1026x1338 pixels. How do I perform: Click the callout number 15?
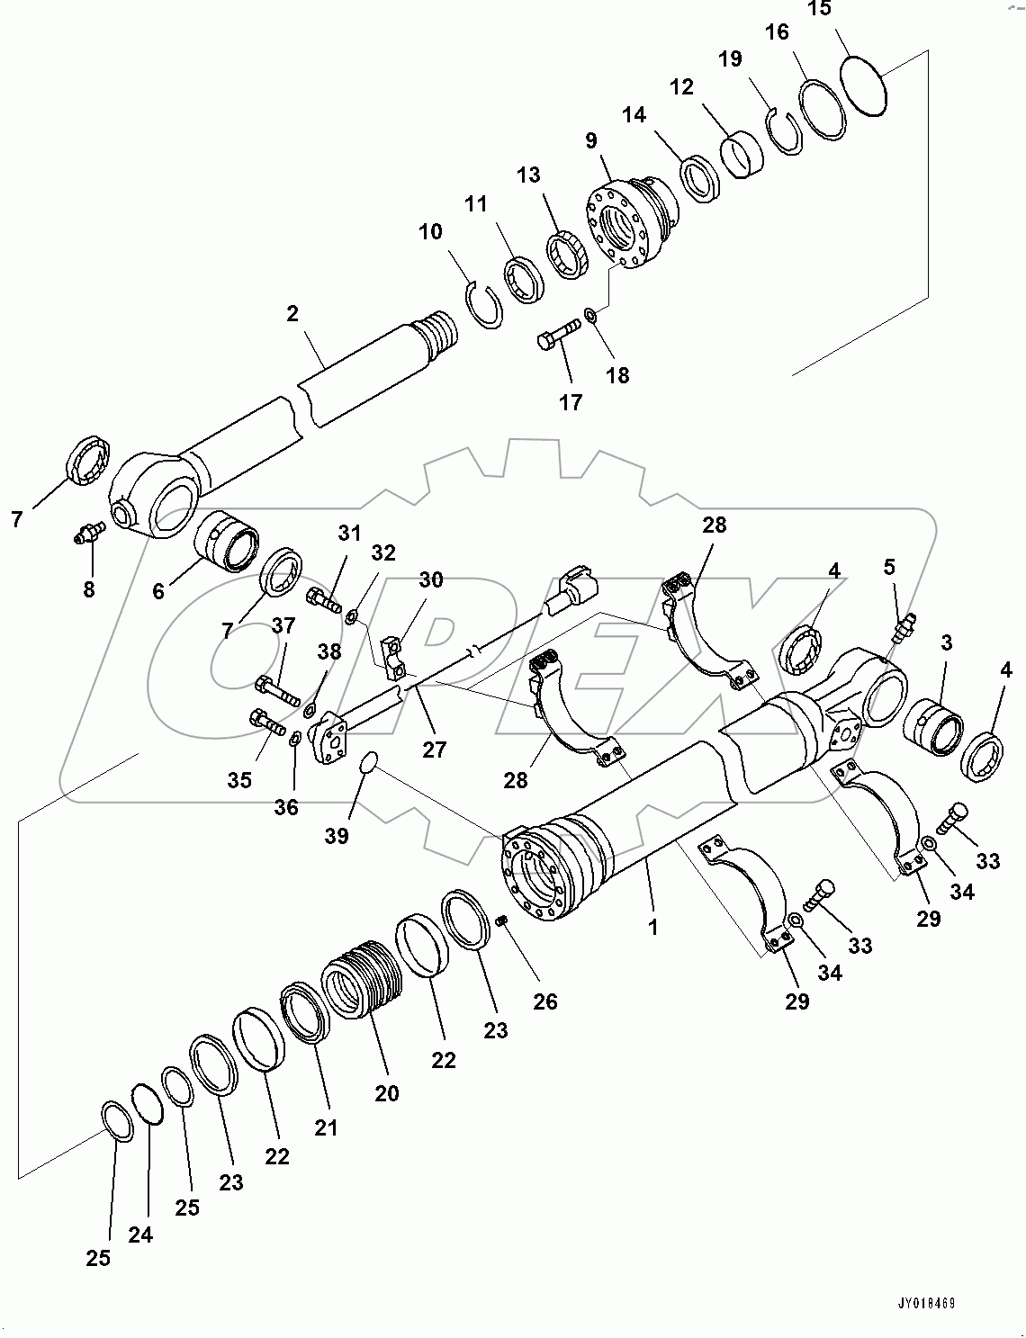point(819,10)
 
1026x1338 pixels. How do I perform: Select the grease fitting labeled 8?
point(87,534)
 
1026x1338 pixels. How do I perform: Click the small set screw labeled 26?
point(504,919)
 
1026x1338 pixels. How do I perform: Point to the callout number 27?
point(434,749)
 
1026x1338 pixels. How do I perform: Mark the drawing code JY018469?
point(924,1302)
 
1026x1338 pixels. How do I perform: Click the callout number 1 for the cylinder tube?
point(653,926)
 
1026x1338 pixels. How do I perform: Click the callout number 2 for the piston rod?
point(292,314)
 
